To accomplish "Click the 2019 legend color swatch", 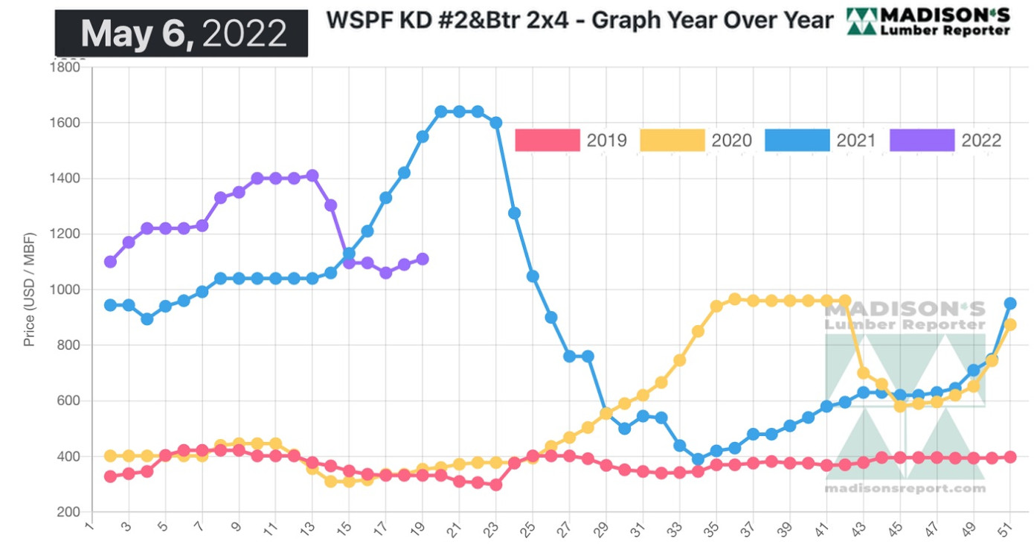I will [547, 140].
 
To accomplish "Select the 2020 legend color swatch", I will [672, 140].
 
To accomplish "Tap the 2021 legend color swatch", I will [797, 140].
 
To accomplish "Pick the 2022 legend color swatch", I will [922, 140].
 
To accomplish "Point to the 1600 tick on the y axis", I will [65, 123].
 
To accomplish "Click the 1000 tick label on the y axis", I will [65, 289].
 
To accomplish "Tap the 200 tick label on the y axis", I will [70, 512].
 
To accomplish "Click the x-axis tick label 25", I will [528, 530].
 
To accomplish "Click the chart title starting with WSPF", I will [579, 20].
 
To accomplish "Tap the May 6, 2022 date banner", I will [182, 33].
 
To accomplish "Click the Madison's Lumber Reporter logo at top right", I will [928, 22].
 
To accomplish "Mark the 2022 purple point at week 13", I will [312, 176].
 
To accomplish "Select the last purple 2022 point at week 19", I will [423, 259].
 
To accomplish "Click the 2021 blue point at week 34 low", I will [698, 459].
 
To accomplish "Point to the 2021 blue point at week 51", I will [1010, 304].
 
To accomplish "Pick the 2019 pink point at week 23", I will [495, 484].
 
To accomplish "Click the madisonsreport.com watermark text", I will [905, 489].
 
